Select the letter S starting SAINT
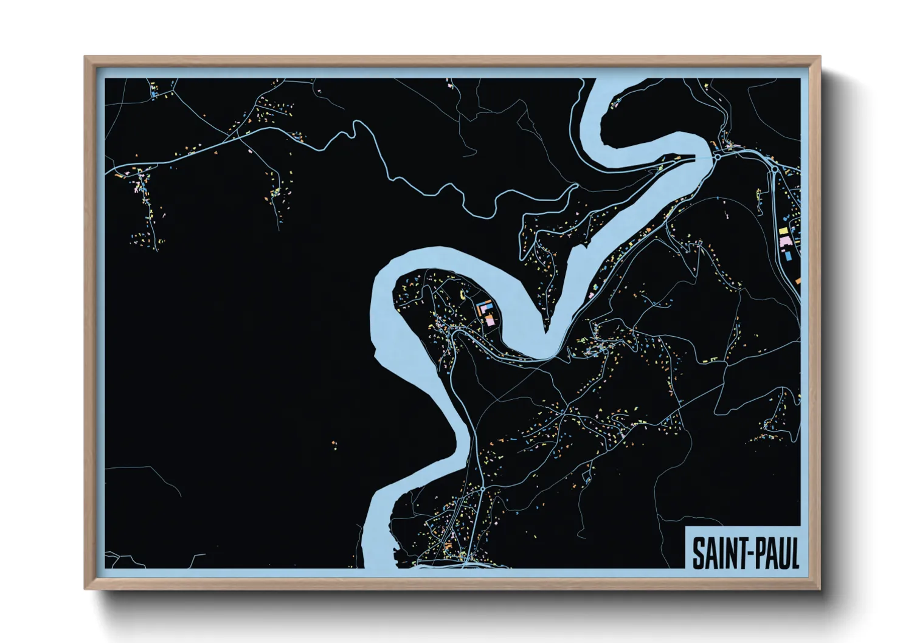click(697, 552)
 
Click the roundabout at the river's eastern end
click(717, 156)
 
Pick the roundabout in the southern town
click(482, 488)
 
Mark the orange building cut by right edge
click(798, 281)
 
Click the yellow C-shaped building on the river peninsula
click(462, 295)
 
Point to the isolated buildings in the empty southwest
click(334, 444)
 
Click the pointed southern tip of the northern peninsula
click(547, 329)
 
